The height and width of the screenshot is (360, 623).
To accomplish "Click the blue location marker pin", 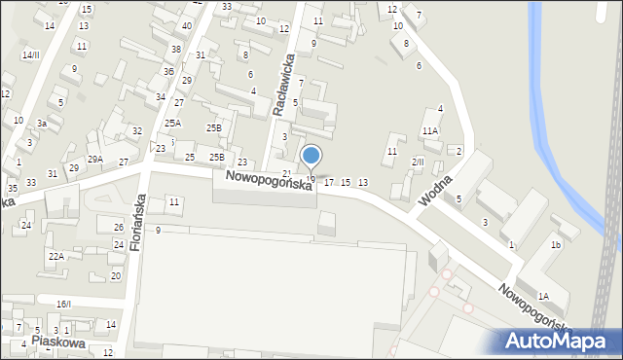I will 311,156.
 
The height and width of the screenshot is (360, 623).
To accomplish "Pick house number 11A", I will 429,130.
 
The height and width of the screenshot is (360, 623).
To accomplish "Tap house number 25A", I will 172,124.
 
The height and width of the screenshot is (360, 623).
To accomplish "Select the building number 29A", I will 94,160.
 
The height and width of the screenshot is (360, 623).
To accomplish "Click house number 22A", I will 56,256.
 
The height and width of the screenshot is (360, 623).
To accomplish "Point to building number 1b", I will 555,245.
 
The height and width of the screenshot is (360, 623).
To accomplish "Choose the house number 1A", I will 543,296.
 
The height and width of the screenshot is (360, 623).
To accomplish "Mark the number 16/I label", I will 63,305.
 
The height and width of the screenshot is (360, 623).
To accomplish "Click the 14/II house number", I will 31,55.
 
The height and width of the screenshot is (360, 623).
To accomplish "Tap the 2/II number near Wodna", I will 419,162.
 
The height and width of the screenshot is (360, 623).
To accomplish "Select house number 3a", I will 42,124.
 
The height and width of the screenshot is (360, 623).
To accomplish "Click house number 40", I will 186,26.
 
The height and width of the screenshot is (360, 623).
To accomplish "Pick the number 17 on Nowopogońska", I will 329,183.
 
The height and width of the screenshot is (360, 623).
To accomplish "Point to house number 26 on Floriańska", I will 118,228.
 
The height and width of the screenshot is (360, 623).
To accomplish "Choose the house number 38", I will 175,49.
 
